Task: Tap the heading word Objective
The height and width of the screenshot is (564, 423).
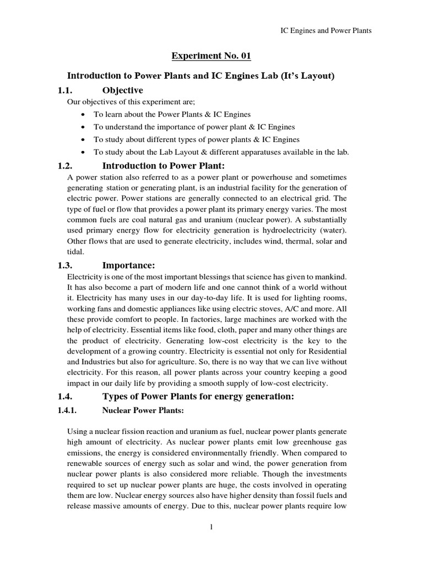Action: [122, 90]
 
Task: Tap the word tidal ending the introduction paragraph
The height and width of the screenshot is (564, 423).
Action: [76, 252]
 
